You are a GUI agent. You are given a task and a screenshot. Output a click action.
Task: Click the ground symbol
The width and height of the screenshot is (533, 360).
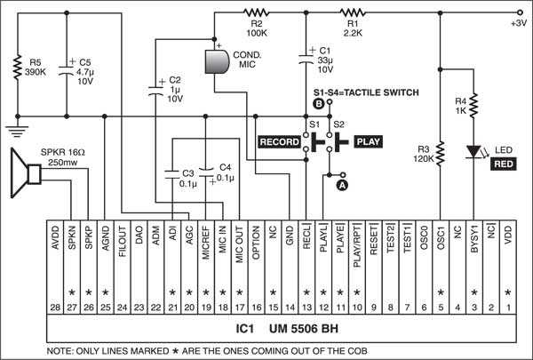(16, 129)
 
